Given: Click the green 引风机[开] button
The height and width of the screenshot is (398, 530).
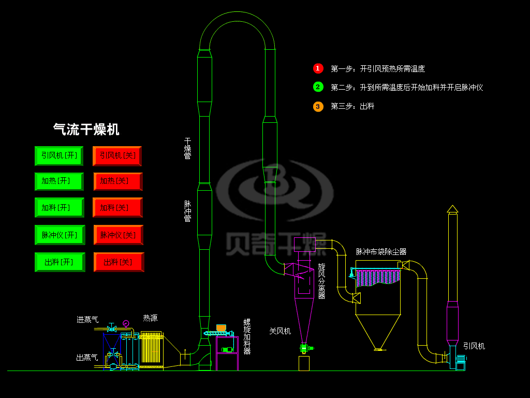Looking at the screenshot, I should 59,155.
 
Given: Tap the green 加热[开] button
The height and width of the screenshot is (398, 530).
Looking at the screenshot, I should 59,181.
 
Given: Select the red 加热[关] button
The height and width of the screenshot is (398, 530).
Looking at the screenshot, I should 117,181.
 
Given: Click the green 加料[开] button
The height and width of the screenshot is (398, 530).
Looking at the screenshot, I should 59,207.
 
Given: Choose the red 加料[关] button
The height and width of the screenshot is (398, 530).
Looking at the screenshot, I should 117,207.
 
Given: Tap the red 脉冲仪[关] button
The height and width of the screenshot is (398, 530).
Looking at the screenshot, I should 118,235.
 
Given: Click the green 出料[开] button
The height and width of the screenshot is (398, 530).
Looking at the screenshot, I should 59,262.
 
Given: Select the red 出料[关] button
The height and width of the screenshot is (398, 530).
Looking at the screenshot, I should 118,262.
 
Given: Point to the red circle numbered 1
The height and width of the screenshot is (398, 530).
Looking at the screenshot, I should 318,68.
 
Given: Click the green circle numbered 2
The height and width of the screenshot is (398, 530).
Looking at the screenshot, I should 318,87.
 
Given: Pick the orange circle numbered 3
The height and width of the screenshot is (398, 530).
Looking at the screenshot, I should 318,106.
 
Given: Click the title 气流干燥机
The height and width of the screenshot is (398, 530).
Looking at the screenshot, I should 86,130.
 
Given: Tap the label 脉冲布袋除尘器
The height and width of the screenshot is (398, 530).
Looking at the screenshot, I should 381,252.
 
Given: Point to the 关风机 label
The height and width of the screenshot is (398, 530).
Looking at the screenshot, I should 280,331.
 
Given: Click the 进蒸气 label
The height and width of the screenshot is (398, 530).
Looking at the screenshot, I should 87,320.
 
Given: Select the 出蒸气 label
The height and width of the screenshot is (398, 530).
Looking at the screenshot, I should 87,357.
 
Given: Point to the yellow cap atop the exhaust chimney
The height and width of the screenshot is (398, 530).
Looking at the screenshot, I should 452,208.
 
